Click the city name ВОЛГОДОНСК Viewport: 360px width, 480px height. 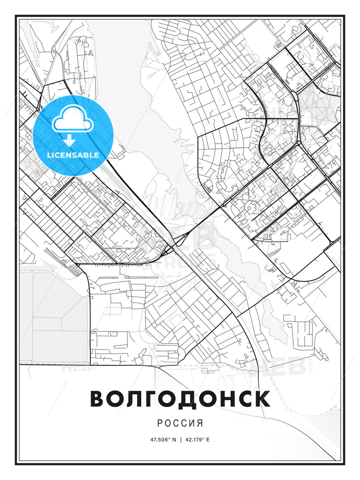pos(180,399)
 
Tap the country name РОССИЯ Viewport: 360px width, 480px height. pos(180,423)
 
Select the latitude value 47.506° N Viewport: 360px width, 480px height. pos(163,440)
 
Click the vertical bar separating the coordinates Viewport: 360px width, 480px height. pos(180,440)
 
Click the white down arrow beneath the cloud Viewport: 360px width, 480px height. pos(69,140)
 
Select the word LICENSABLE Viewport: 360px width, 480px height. pos(73,155)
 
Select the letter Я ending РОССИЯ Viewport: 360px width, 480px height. pos(200,423)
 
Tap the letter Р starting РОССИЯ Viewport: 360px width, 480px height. pos(160,423)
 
